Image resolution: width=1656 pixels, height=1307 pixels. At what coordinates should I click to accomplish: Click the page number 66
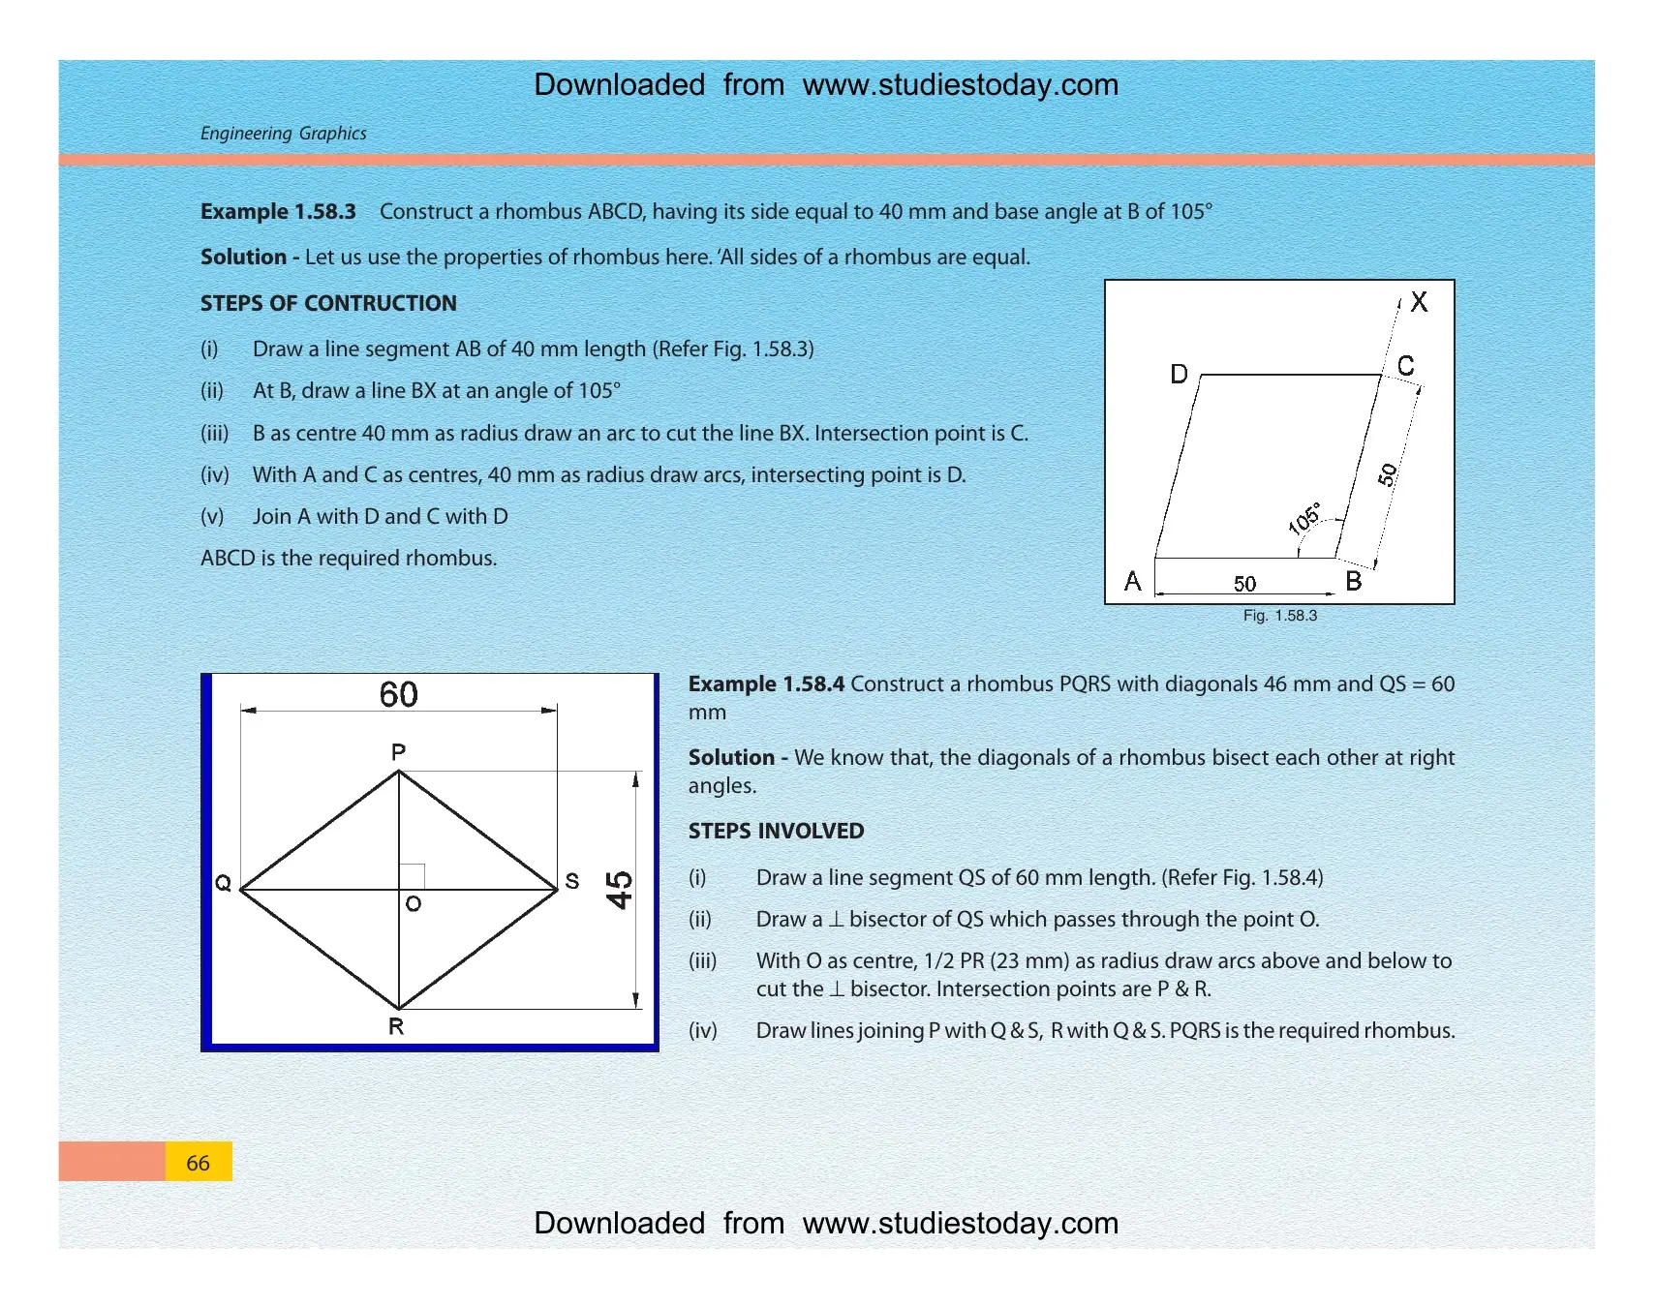pyautogui.click(x=198, y=1163)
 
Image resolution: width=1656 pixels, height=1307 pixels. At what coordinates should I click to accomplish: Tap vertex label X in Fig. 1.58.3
pyautogui.click(x=1419, y=302)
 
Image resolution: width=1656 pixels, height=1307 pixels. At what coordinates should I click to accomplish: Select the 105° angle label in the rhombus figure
pyautogui.click(x=1304, y=518)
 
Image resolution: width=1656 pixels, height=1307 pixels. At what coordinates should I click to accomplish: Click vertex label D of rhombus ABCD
pyautogui.click(x=1179, y=374)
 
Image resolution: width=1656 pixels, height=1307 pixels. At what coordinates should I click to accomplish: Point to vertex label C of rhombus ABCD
pyautogui.click(x=1406, y=366)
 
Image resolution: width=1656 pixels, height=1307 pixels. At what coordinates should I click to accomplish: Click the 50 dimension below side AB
pyautogui.click(x=1244, y=584)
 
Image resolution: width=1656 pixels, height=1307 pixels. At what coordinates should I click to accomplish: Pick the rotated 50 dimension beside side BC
pyautogui.click(x=1388, y=474)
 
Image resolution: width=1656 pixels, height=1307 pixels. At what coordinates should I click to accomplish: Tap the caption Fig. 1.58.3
pyautogui.click(x=1280, y=616)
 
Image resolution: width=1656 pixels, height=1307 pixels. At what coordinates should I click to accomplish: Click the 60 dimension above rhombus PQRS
pyautogui.click(x=398, y=694)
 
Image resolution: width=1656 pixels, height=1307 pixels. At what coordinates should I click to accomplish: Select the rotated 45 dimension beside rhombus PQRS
pyautogui.click(x=619, y=890)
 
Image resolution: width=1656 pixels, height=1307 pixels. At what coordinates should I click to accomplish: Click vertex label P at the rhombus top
pyautogui.click(x=398, y=752)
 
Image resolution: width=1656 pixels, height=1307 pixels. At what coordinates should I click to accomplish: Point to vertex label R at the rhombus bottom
pyautogui.click(x=396, y=1026)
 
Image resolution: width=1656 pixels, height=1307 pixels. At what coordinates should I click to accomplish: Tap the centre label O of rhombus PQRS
pyautogui.click(x=414, y=904)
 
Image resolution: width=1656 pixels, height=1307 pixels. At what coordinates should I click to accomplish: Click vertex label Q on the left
pyautogui.click(x=223, y=883)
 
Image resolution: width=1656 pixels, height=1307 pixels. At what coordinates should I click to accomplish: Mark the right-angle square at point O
pyautogui.click(x=412, y=876)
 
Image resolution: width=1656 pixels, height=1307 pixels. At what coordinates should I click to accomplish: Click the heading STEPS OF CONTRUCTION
pyautogui.click(x=328, y=303)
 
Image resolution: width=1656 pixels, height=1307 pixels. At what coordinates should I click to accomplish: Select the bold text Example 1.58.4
pyautogui.click(x=766, y=684)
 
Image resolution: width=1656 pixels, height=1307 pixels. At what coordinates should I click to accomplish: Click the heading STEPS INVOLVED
pyautogui.click(x=776, y=831)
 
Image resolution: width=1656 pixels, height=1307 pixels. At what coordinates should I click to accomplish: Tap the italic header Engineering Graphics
pyautogui.click(x=283, y=134)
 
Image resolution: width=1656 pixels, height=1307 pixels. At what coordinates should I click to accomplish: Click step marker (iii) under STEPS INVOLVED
pyautogui.click(x=703, y=961)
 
